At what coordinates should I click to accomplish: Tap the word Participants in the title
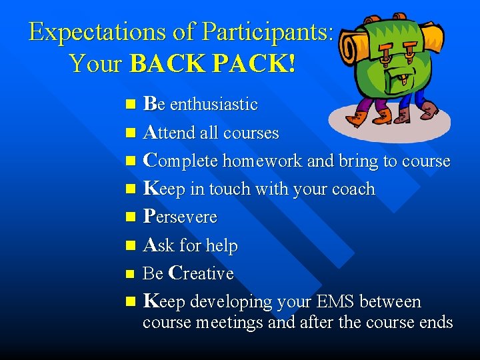tap(267, 32)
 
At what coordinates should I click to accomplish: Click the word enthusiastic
tap(213, 105)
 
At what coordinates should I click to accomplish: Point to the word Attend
tap(169, 133)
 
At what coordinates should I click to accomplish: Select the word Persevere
tap(180, 217)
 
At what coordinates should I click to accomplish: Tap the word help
tap(222, 245)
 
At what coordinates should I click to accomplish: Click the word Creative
tap(201, 273)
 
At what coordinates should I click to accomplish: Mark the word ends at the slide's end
tap(436, 323)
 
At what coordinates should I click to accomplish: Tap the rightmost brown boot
tap(429, 110)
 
